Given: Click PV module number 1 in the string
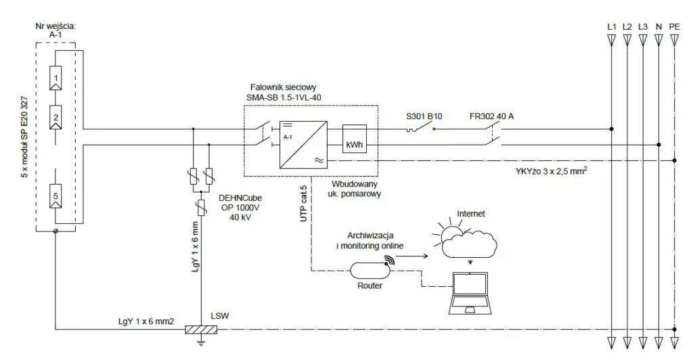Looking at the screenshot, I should [x=58, y=79].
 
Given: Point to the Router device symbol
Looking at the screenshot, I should [x=368, y=271].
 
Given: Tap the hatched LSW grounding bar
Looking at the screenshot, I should [x=202, y=330].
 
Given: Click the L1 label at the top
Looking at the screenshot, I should [x=611, y=26].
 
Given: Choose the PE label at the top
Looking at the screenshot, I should [x=674, y=26].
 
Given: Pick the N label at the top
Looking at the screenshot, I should [x=658, y=26].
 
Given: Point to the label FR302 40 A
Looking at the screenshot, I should [x=492, y=116].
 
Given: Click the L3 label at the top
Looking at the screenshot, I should [x=643, y=26].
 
